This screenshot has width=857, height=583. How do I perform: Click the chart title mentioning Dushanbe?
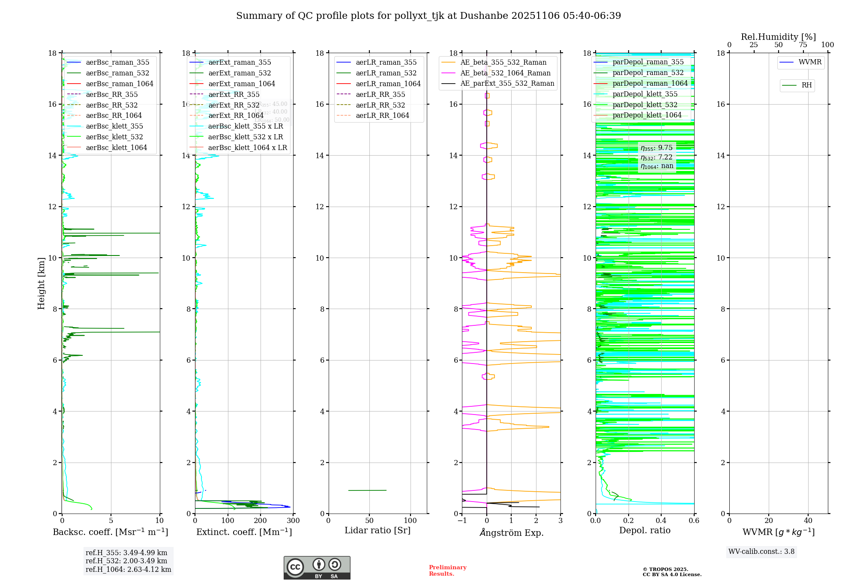(x=428, y=16)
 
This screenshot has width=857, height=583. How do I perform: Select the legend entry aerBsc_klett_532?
(x=114, y=137)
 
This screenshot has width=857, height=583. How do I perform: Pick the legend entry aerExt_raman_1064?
(x=242, y=84)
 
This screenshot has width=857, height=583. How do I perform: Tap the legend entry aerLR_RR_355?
(x=380, y=95)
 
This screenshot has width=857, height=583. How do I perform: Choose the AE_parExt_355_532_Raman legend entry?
(x=507, y=84)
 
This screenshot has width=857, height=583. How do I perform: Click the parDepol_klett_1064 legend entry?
(x=647, y=115)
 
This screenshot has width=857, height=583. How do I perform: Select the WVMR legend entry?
(x=810, y=62)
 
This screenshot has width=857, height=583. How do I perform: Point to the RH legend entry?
(x=806, y=85)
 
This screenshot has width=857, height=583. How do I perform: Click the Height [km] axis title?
(x=41, y=283)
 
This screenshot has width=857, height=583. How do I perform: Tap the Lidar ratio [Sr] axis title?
(x=378, y=531)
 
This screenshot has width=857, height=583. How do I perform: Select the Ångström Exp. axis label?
(x=511, y=533)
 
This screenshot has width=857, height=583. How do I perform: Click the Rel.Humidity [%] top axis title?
(x=778, y=37)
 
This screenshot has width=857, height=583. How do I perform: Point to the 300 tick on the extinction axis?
(x=294, y=521)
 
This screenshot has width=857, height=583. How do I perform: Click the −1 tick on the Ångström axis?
(x=461, y=521)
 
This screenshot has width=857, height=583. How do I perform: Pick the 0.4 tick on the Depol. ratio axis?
(x=661, y=521)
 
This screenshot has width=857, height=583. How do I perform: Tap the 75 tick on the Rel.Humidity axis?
(x=803, y=45)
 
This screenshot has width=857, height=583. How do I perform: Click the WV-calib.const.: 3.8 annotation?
(x=761, y=552)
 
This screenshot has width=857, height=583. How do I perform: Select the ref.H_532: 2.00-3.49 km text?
(x=126, y=561)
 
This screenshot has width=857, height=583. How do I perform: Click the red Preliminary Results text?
(x=447, y=571)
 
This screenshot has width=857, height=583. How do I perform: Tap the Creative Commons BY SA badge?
(x=317, y=568)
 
